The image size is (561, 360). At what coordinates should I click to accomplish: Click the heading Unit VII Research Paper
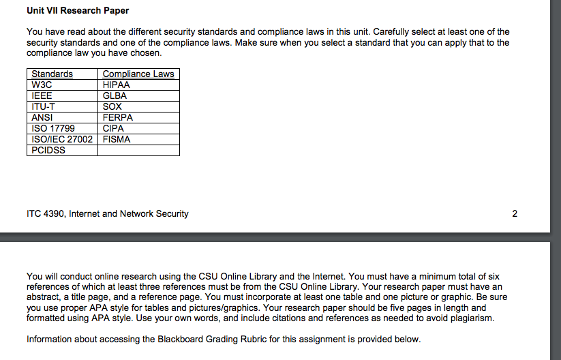click(x=78, y=11)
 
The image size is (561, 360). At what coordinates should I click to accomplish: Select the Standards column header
click(x=52, y=74)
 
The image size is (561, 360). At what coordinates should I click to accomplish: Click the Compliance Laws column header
click(x=138, y=74)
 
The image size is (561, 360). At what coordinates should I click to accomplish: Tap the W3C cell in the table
click(x=42, y=85)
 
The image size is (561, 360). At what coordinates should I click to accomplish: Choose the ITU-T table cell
click(x=44, y=106)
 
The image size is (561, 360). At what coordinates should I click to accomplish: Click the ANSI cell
click(x=43, y=117)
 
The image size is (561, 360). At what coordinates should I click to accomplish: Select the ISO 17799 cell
click(x=53, y=128)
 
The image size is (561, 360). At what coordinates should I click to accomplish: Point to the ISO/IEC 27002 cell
click(x=62, y=139)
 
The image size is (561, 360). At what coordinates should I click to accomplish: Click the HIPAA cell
click(x=116, y=85)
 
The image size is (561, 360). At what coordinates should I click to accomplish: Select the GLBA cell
click(x=115, y=95)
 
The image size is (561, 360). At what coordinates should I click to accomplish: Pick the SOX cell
click(x=112, y=106)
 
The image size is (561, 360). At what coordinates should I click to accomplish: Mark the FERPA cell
click(x=118, y=117)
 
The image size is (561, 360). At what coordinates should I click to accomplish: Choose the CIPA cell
click(x=113, y=128)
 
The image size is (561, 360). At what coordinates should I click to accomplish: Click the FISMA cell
click(x=117, y=139)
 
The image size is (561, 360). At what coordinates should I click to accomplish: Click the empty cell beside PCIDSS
click(x=138, y=150)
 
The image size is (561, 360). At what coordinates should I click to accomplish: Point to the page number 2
click(x=515, y=213)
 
